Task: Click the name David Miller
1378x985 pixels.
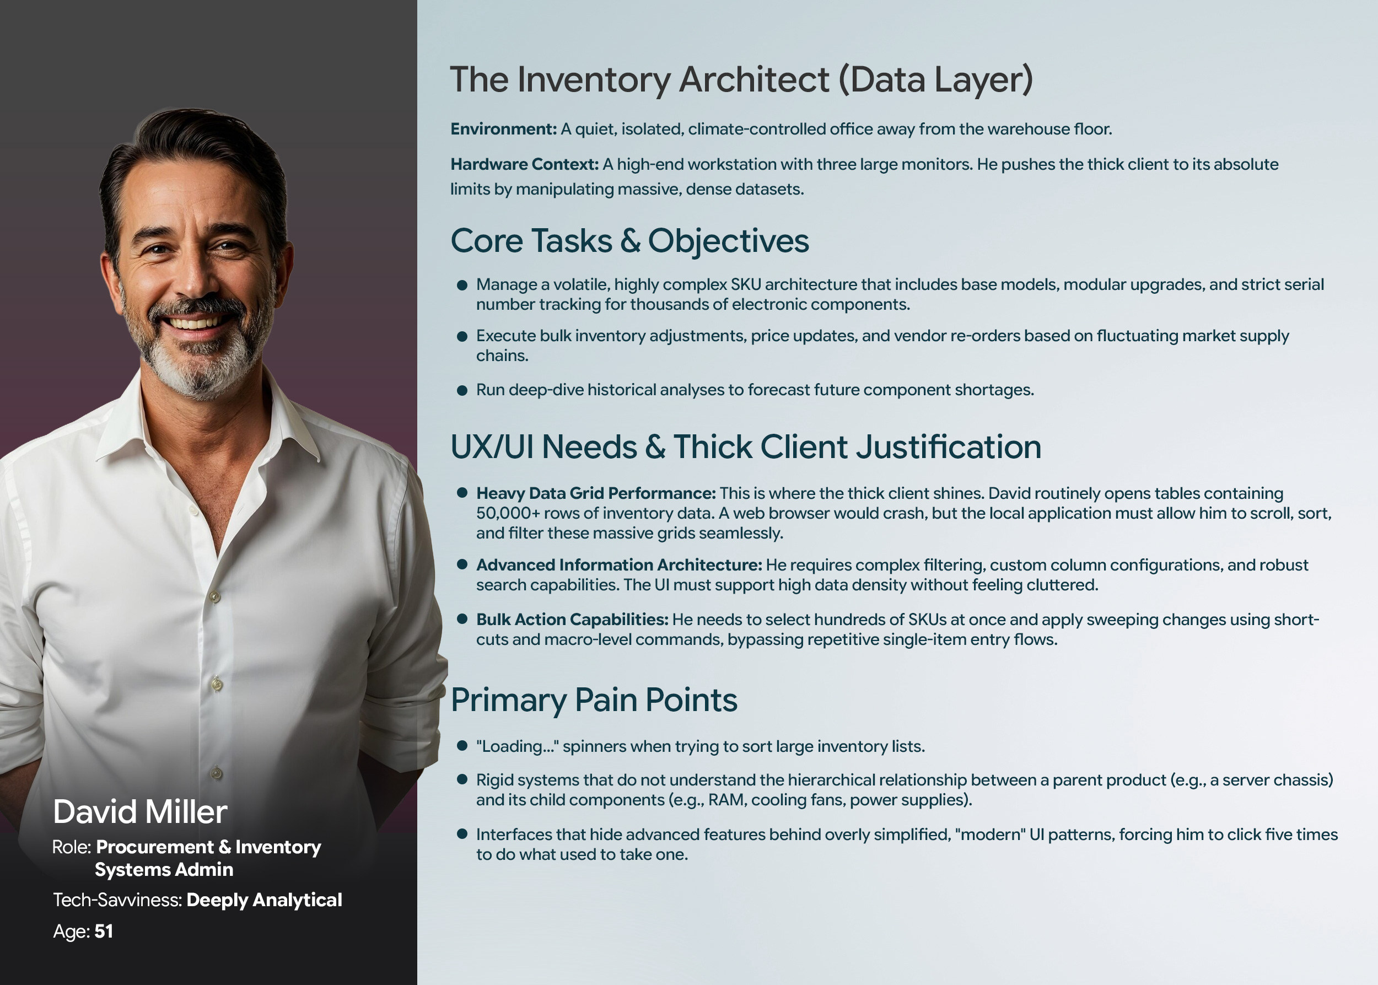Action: coord(140,811)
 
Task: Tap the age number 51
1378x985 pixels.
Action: coord(104,931)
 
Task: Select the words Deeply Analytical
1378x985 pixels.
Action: coord(265,900)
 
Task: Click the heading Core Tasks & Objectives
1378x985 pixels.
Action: coord(629,241)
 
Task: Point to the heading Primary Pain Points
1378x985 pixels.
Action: coord(594,700)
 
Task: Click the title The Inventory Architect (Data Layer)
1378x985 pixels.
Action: coord(741,79)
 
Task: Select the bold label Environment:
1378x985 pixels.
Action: coord(503,128)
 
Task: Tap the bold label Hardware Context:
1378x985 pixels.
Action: coord(524,164)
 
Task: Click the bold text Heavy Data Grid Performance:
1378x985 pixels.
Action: coord(596,493)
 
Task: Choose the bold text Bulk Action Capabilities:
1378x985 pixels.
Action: coord(572,619)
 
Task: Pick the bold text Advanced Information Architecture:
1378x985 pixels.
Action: coord(619,564)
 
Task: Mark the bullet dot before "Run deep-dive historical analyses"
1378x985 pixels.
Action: coord(462,391)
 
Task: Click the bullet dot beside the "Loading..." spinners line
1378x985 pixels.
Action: coord(462,746)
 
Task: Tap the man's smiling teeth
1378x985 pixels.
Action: coord(194,322)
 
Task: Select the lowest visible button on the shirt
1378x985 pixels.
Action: coord(217,773)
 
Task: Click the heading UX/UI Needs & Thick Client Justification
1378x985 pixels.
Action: coord(746,447)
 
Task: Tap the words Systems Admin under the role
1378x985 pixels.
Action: coord(164,870)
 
